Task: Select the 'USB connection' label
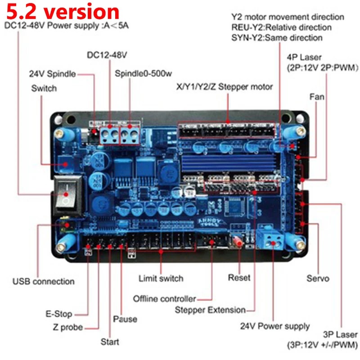tap(43, 281)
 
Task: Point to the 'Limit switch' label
tap(161, 278)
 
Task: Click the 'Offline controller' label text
tap(165, 299)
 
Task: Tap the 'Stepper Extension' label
tap(210, 310)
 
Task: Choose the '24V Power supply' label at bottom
tap(274, 326)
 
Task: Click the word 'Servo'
tap(318, 279)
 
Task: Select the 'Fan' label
tap(317, 96)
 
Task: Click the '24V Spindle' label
tap(52, 74)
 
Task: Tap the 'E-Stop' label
tap(58, 314)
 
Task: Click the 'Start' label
tap(110, 342)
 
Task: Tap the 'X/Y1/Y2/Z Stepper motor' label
tap(225, 87)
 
